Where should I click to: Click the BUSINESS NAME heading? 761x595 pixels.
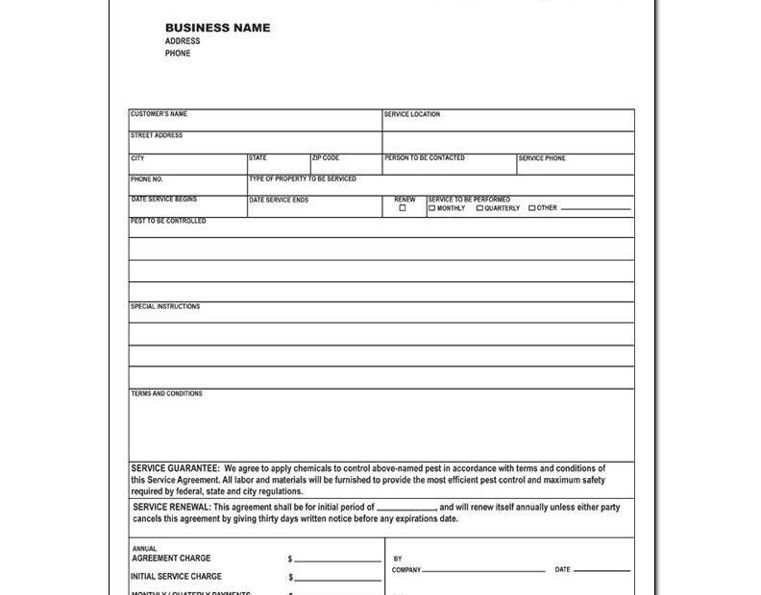click(217, 28)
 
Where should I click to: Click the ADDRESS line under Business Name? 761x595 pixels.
click(183, 41)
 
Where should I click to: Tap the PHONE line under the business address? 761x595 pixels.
click(178, 54)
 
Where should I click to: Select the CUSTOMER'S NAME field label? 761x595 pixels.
click(159, 114)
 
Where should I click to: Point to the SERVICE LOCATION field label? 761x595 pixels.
click(412, 114)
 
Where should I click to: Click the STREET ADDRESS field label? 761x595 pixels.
click(157, 135)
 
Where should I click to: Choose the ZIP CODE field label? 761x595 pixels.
click(326, 157)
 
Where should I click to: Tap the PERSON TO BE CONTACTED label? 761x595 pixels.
click(425, 157)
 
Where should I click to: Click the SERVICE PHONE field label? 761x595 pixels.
click(543, 158)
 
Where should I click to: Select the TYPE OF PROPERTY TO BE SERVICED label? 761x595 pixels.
click(303, 178)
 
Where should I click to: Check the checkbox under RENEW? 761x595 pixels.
click(403, 208)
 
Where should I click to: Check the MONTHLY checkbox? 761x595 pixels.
click(432, 208)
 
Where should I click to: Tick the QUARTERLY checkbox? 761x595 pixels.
click(480, 208)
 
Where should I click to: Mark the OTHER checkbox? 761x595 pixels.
click(532, 208)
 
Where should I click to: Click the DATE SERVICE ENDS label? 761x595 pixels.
click(279, 200)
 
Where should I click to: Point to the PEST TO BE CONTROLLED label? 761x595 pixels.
click(168, 221)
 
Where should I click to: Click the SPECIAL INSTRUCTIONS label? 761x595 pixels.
click(165, 306)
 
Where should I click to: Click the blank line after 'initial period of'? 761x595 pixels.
click(405, 508)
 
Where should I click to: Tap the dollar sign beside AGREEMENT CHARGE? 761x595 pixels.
click(290, 559)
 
